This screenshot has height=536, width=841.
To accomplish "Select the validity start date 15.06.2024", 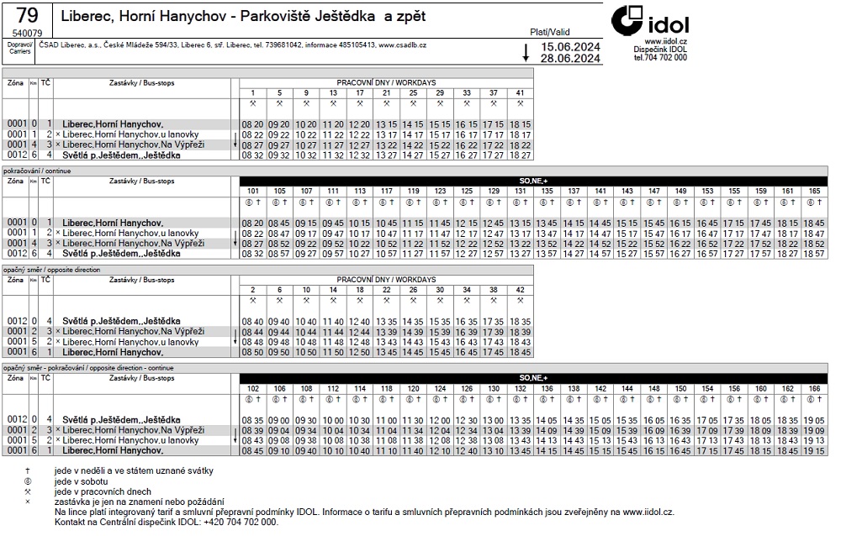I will (571, 47).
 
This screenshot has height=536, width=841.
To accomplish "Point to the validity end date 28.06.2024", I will (571, 59).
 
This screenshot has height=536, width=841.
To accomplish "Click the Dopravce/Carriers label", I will (19, 47).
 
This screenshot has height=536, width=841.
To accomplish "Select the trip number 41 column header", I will (521, 92).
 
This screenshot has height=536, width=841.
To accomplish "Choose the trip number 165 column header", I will (815, 191).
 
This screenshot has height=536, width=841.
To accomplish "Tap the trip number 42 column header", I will (521, 289).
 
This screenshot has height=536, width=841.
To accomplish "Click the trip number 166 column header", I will (815, 388).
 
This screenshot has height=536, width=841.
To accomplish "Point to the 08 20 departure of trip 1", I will (252, 124).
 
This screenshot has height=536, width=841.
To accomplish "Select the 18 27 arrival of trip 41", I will (521, 155).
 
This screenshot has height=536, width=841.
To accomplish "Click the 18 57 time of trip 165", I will (815, 253).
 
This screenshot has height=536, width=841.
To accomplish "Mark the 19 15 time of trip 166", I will (815, 450).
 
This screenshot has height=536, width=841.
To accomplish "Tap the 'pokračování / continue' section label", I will (38, 171).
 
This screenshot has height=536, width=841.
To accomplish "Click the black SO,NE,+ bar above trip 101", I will (533, 181).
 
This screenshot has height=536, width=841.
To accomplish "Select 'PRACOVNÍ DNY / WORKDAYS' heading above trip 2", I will (386, 279).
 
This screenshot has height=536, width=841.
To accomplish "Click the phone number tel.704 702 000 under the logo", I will (660, 58).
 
